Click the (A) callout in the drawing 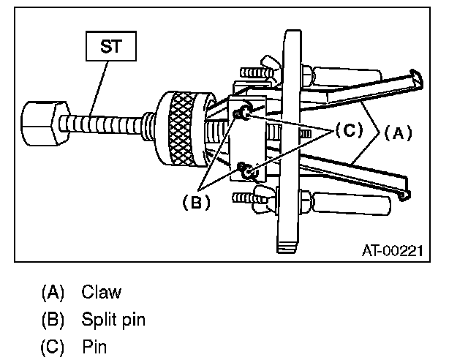(397, 132)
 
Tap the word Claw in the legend (102, 292)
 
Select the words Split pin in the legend (113, 319)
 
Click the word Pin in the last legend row (94, 346)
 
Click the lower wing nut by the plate (260, 196)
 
